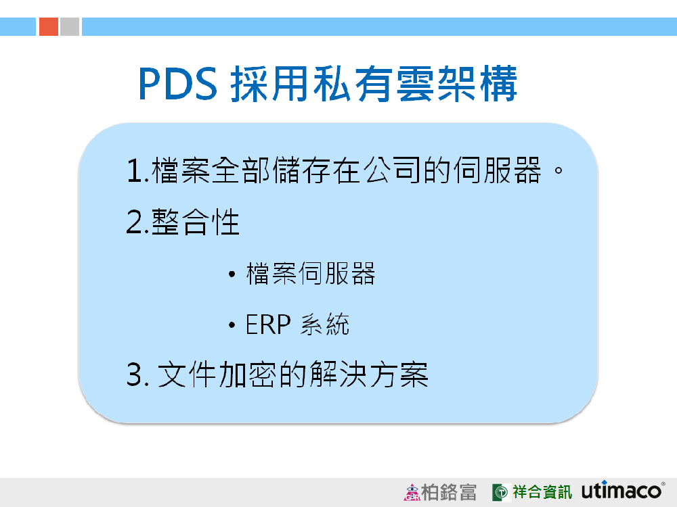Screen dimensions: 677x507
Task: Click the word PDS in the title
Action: click(x=177, y=84)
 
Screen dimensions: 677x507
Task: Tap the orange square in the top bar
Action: click(x=49, y=27)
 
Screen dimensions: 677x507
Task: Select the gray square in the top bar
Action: click(x=70, y=27)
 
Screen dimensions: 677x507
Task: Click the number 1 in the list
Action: click(x=134, y=171)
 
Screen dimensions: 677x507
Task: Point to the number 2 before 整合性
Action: click(x=135, y=222)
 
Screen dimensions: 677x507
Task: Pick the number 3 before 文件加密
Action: click(x=135, y=375)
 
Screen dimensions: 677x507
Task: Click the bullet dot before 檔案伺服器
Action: click(x=232, y=274)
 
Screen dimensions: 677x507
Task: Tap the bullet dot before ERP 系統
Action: click(x=232, y=324)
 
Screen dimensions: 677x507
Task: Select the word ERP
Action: click(x=268, y=324)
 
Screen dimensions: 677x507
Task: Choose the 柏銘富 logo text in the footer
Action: click(x=449, y=492)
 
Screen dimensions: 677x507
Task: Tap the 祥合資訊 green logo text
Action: click(x=542, y=492)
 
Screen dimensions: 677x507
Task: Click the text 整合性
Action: click(x=196, y=222)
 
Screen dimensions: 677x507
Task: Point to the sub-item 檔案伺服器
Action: click(x=311, y=274)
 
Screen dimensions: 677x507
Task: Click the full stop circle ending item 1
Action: click(x=559, y=170)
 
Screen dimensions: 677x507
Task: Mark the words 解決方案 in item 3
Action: click(x=369, y=375)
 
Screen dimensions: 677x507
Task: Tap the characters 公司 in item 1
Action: click(x=392, y=170)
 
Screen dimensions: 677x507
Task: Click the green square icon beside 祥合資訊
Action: click(x=500, y=492)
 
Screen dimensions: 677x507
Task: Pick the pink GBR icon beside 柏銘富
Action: click(x=412, y=492)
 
